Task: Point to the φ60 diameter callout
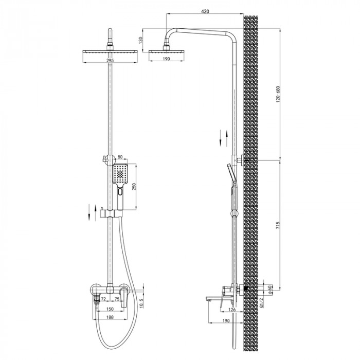269,289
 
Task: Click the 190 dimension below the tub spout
226,320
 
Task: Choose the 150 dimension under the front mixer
110,310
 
